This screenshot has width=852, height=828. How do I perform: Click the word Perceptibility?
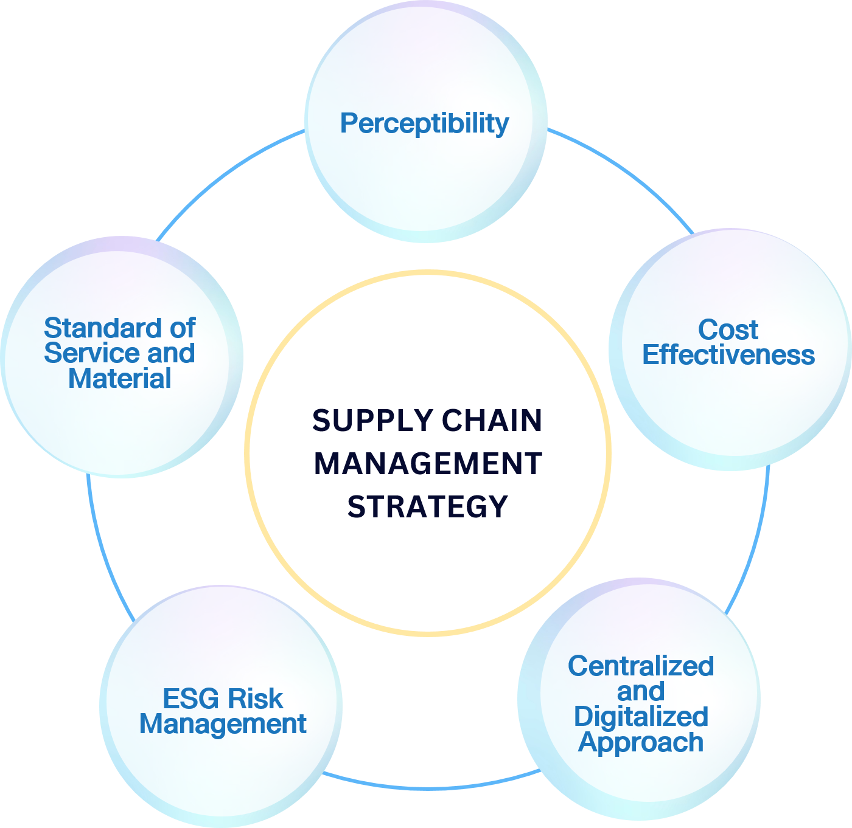(x=424, y=123)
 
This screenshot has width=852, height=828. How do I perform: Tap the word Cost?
(x=728, y=330)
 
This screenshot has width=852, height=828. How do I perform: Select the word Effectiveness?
(x=728, y=355)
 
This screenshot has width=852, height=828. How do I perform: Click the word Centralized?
(x=641, y=666)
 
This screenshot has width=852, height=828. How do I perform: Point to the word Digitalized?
(x=641, y=717)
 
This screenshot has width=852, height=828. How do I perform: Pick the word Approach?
(x=641, y=742)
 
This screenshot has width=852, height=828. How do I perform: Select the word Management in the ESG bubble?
(x=223, y=724)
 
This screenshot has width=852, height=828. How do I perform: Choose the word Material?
(x=119, y=379)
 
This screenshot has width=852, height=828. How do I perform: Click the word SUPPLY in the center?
(x=372, y=421)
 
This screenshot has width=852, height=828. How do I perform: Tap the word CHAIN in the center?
(x=492, y=421)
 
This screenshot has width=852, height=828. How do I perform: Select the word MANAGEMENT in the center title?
(x=428, y=464)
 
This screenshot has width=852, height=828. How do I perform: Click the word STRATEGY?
(x=428, y=507)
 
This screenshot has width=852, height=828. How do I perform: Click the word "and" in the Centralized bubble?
(x=641, y=692)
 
